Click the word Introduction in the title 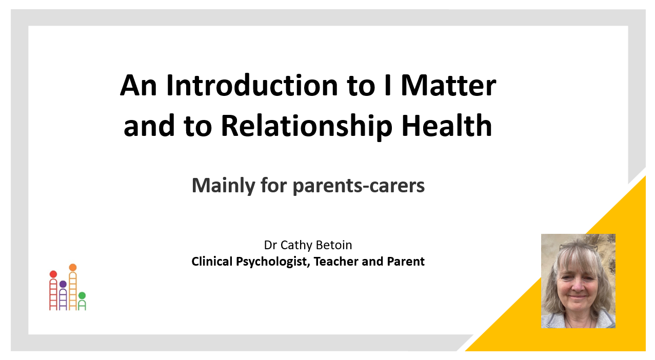[x=252, y=86]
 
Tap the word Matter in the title [x=448, y=86]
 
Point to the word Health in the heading [x=447, y=126]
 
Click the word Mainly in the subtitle [x=224, y=186]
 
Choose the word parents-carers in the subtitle [x=359, y=186]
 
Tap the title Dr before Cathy [x=270, y=245]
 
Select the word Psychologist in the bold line [x=273, y=262]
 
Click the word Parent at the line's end [x=406, y=262]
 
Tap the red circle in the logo [x=53, y=274]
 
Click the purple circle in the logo [x=63, y=284]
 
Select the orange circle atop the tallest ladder [x=73, y=267]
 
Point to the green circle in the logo [x=82, y=295]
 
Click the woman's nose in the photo [x=577, y=286]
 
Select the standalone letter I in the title [x=388, y=85]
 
